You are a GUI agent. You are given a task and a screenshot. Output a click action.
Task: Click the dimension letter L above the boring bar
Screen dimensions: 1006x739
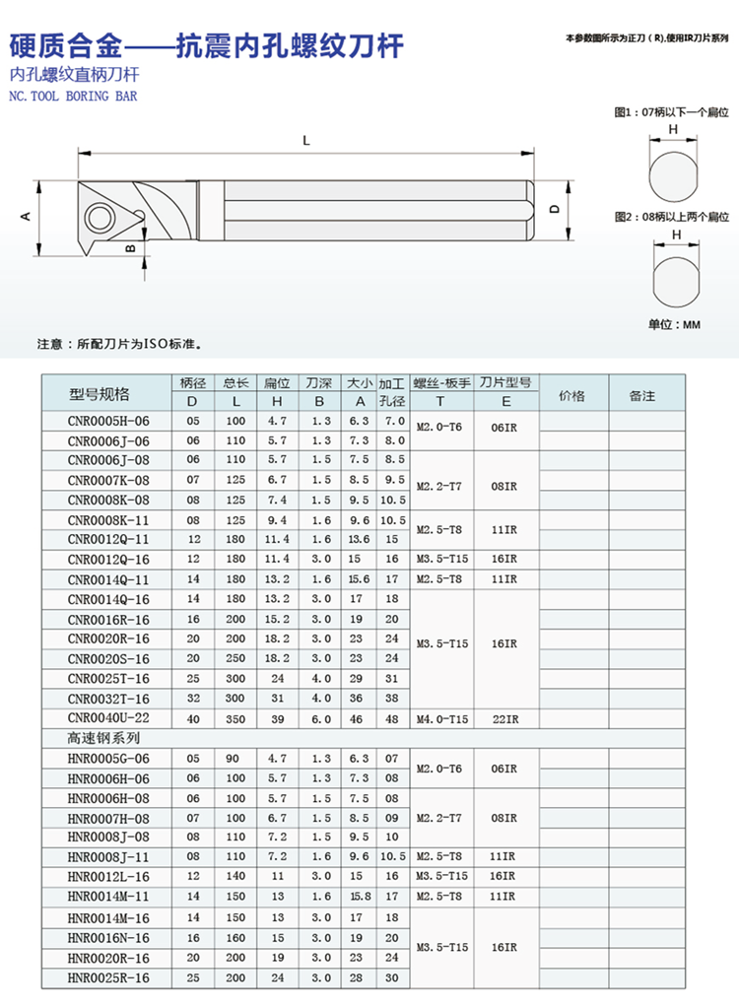[x=306, y=141]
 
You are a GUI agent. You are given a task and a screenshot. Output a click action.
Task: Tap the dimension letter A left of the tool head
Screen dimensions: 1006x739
[x=27, y=216]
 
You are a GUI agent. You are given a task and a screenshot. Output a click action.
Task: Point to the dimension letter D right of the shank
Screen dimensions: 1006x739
[x=554, y=209]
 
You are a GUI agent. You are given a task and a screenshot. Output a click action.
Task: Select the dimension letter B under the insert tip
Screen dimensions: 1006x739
[x=129, y=249]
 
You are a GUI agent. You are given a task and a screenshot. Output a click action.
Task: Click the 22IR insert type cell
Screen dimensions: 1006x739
[x=504, y=718]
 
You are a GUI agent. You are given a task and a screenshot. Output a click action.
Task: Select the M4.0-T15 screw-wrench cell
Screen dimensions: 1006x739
[x=442, y=718]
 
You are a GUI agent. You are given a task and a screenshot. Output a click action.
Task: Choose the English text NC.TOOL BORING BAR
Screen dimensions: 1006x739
[x=72, y=97]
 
